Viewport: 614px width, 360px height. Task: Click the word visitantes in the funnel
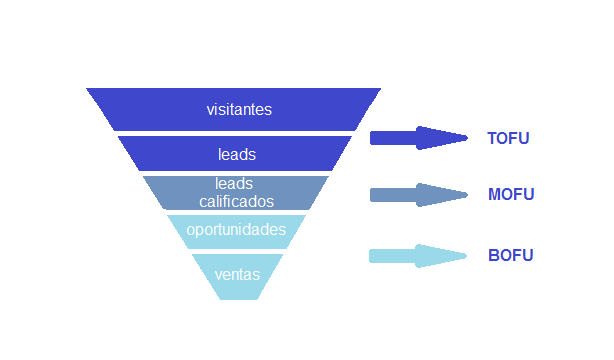[x=239, y=110]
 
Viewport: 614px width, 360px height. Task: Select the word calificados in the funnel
[x=237, y=202]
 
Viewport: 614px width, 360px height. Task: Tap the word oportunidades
[x=236, y=230]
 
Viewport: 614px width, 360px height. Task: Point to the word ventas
[x=237, y=275]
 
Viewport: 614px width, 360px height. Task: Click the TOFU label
[x=508, y=138]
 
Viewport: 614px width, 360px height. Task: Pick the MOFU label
[x=511, y=194]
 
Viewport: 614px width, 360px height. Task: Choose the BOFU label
[x=511, y=255]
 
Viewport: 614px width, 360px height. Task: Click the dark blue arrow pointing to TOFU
[x=419, y=138]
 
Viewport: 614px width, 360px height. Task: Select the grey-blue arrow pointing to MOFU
[x=419, y=195]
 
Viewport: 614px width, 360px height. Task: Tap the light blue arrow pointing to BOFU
[x=418, y=256]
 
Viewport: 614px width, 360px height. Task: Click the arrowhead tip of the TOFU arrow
[x=468, y=138]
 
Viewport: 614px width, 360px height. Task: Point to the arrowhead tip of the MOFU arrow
[x=468, y=195]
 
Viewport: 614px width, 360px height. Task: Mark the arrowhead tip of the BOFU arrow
[x=467, y=256]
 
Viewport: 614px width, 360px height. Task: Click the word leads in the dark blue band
[x=237, y=155]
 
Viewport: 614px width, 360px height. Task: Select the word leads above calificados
[x=234, y=184]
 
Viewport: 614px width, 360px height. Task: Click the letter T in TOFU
[x=492, y=138]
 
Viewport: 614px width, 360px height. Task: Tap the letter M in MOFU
[x=494, y=194]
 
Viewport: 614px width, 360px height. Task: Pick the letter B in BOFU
[x=493, y=255]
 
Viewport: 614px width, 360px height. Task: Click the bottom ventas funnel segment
[x=238, y=277]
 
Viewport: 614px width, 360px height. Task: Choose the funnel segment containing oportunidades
[x=237, y=232]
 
